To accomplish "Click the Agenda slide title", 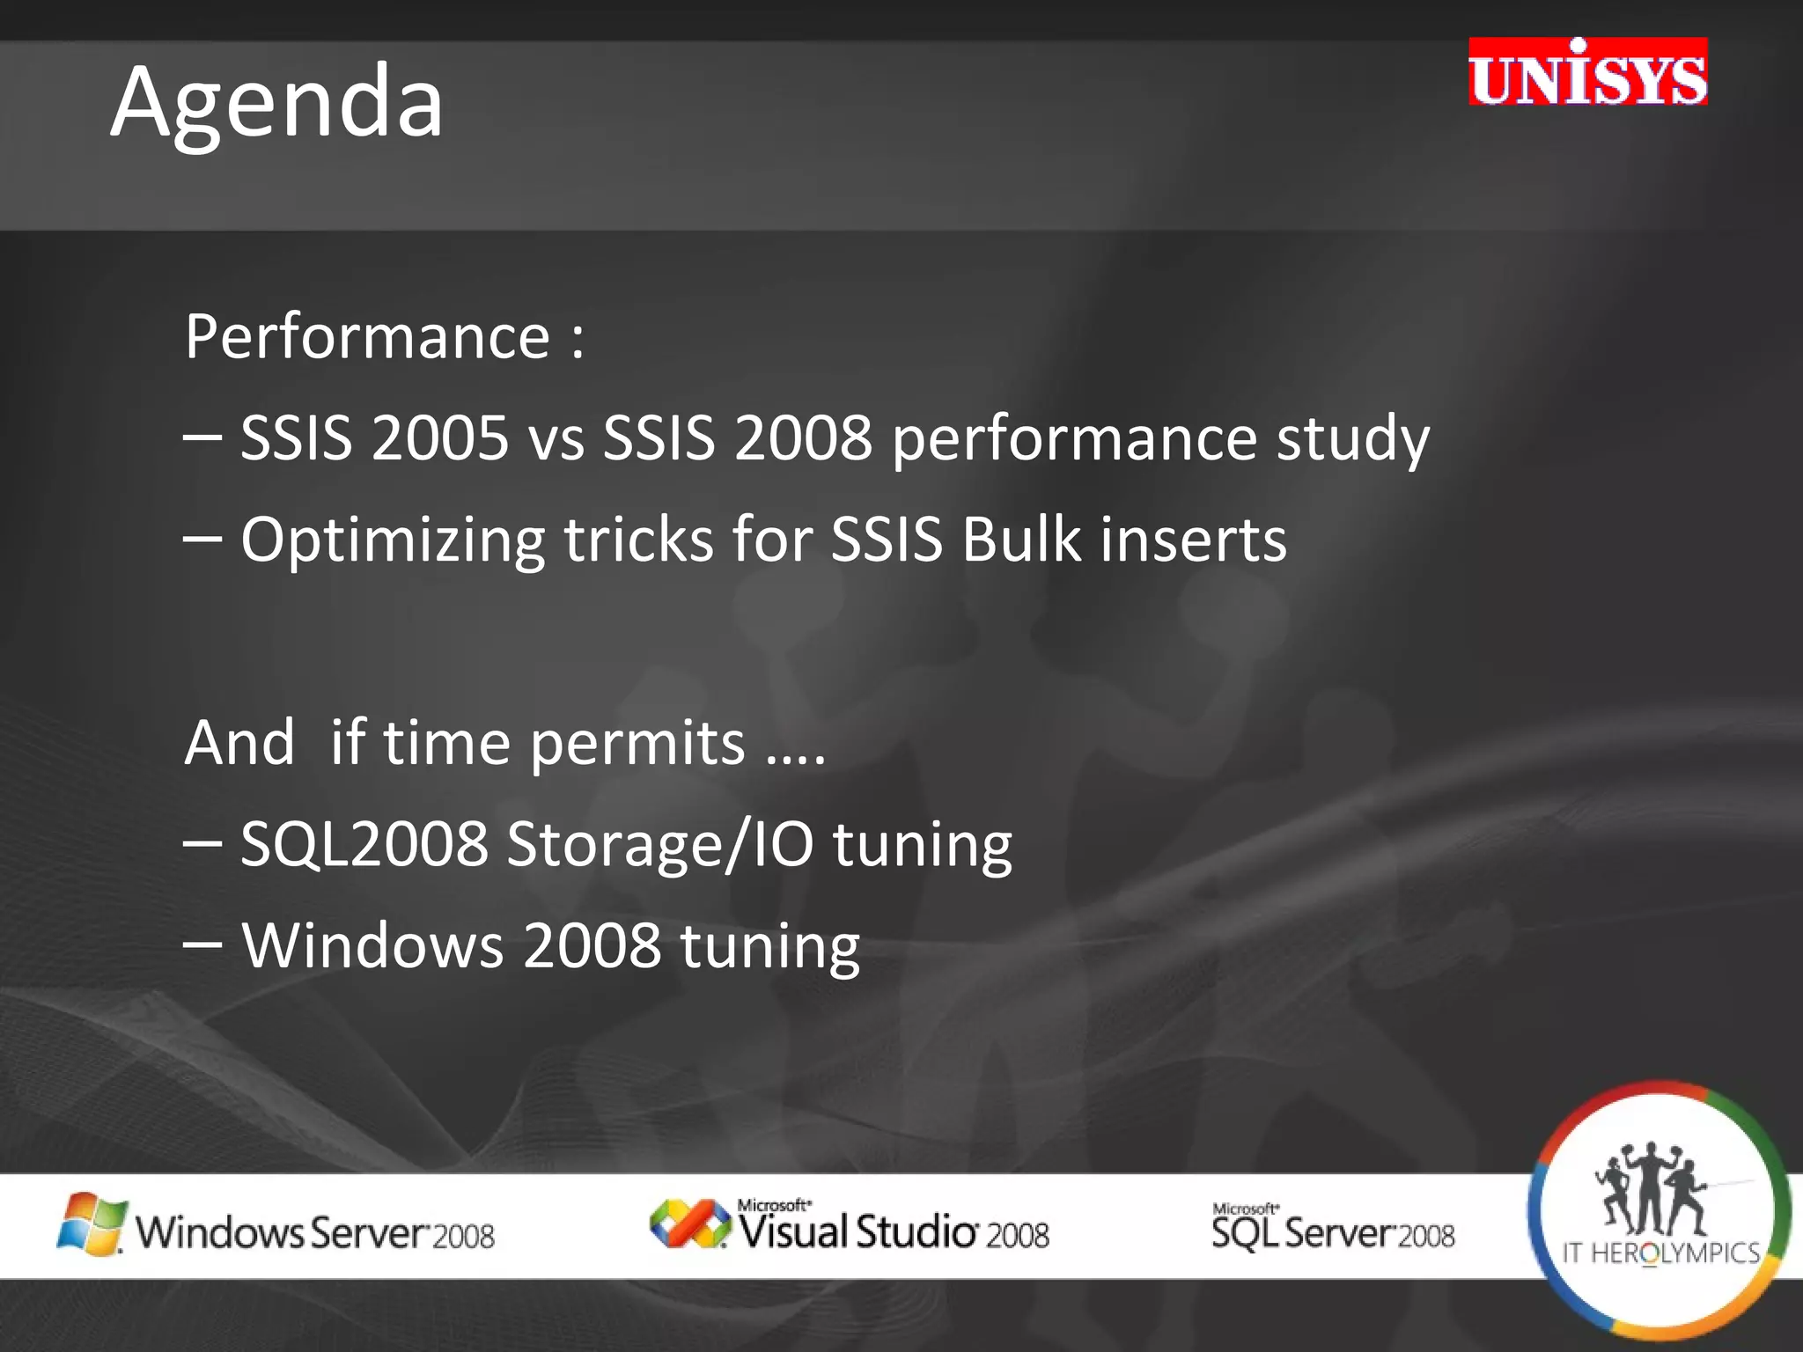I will tap(276, 104).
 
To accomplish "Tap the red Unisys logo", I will tap(1587, 73).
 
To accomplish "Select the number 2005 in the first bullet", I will tap(439, 437).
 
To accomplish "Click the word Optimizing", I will tap(393, 540).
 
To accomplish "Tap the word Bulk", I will tap(1020, 539).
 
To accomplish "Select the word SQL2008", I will tap(364, 843).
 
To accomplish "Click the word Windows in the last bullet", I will tap(372, 945).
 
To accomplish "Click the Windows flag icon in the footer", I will tap(91, 1224).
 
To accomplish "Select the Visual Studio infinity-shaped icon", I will tap(689, 1223).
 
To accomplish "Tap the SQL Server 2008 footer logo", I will tap(1333, 1229).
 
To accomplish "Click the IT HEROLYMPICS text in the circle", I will tap(1660, 1253).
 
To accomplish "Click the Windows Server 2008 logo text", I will tap(315, 1232).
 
